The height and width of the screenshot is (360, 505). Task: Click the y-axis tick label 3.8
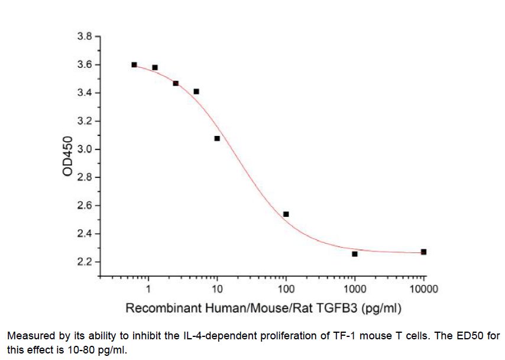click(85, 37)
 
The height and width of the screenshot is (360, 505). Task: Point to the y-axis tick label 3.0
click(85, 150)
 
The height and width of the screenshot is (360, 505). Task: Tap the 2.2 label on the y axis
click(85, 262)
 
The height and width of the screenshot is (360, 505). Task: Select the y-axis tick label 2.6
click(85, 206)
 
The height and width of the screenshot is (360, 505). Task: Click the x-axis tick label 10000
click(423, 290)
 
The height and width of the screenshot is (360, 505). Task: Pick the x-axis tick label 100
click(286, 290)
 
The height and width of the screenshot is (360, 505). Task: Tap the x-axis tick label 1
click(148, 290)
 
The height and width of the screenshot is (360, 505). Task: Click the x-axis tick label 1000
click(354, 290)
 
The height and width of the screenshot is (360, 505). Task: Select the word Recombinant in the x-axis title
click(155, 308)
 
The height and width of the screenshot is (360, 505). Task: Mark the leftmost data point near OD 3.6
click(134, 64)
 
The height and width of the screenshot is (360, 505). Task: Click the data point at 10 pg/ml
click(217, 138)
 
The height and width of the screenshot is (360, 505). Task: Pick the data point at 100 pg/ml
click(286, 214)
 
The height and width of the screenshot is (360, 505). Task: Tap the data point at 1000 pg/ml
click(354, 254)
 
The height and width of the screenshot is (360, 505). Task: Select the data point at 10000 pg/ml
click(423, 252)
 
